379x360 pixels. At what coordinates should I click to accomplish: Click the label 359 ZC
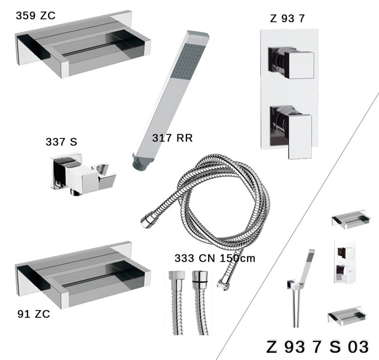pos(35,16)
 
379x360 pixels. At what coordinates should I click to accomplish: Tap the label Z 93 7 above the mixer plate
pos(287,19)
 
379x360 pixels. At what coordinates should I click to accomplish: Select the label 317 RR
pos(172,138)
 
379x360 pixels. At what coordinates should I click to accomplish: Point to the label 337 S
pos(61,142)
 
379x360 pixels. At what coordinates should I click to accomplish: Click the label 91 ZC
pos(34,314)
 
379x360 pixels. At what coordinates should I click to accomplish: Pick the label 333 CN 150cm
pos(215,258)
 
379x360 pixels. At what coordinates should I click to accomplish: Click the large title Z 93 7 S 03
pos(318,347)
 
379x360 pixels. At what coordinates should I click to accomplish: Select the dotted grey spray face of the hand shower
pos(188,61)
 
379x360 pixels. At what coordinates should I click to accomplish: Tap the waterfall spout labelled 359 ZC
pos(83,45)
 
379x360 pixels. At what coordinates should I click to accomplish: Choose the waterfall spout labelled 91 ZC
pos(83,275)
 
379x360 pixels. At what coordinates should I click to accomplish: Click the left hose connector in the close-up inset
pos(177,302)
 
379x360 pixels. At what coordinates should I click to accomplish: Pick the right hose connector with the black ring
pos(200,302)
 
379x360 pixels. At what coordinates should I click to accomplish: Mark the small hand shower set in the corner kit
pos(300,288)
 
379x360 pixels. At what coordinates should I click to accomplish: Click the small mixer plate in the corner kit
pos(345,262)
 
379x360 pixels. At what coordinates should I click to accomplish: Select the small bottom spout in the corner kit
pos(347,316)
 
